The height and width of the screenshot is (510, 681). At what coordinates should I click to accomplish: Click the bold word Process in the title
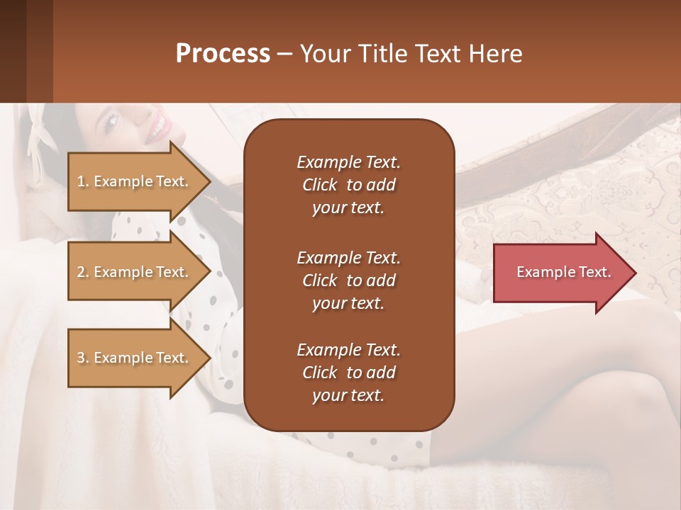(223, 54)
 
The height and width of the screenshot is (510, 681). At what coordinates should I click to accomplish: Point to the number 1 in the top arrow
(81, 181)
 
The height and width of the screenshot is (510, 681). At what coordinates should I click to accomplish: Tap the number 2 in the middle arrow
(81, 272)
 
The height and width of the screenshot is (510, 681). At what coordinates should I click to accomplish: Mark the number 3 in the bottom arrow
(81, 358)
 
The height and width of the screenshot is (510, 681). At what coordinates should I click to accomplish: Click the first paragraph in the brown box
(348, 185)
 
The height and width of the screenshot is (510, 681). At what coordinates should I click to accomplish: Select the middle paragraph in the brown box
(348, 280)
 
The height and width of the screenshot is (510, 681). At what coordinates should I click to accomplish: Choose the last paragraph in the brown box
(348, 373)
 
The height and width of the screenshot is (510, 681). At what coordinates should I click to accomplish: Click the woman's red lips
(159, 127)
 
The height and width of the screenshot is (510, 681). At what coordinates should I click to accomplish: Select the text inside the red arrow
(563, 273)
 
